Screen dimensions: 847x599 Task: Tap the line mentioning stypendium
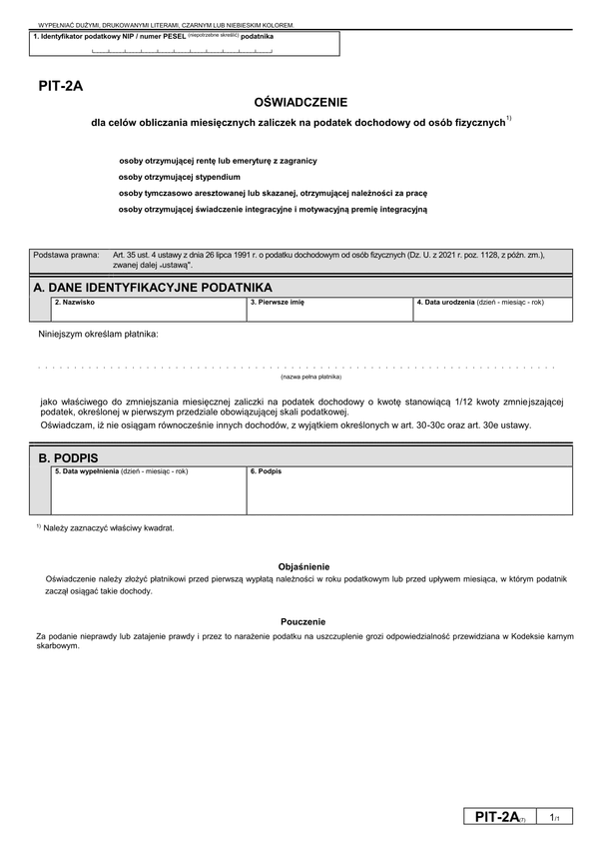click(x=179, y=177)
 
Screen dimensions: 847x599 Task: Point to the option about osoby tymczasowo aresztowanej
click(x=272, y=193)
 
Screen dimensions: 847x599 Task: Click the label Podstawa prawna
click(x=66, y=255)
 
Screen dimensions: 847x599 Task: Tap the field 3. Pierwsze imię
click(x=329, y=311)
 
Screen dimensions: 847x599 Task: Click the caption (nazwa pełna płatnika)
click(x=310, y=377)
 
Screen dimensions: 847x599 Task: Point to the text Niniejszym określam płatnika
click(x=98, y=333)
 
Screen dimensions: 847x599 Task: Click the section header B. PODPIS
click(x=68, y=456)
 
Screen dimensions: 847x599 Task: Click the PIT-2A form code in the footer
click(x=498, y=817)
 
